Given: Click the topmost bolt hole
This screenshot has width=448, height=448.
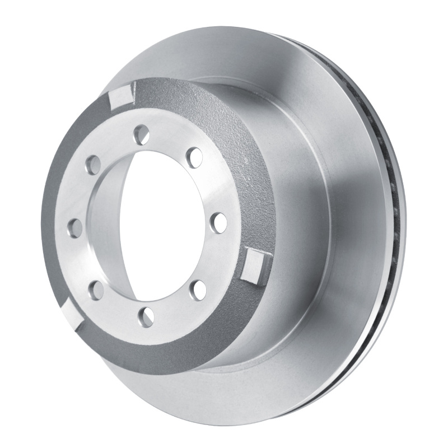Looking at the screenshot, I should (141, 134).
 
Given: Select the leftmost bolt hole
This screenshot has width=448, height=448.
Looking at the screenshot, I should (74, 227).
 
